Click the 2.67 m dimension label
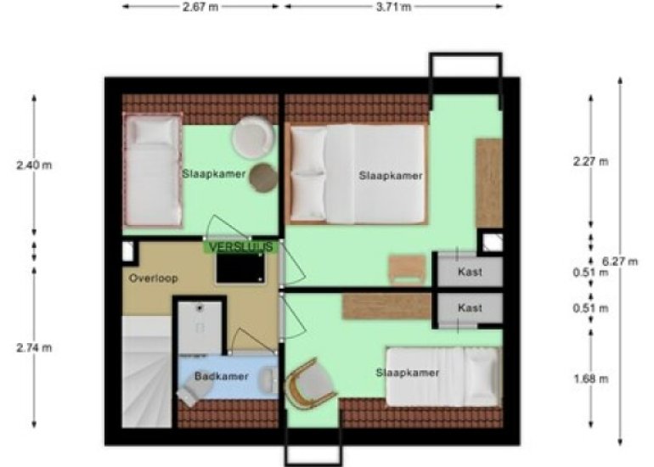point(200,7)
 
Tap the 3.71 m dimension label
point(393,7)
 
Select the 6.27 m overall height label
point(620,262)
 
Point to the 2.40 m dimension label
point(34,165)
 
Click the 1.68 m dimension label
point(590,379)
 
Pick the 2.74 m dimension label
point(34,347)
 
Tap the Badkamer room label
point(222,376)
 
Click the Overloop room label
point(154,279)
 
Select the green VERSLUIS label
point(241,247)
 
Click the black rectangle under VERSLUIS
point(240,269)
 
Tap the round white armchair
point(254,138)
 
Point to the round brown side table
point(263,177)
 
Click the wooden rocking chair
point(310,384)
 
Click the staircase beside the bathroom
point(147,371)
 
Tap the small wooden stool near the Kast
point(407,270)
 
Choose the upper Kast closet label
point(470,272)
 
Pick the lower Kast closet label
point(470,307)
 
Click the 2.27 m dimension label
point(590,161)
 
